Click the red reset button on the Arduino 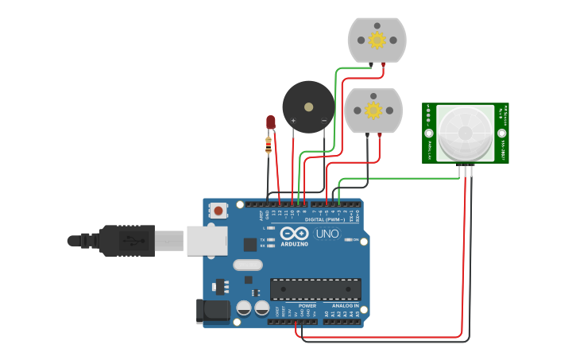click(218, 211)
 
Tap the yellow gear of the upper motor click(377, 40)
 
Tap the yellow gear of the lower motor click(373, 110)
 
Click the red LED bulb click(270, 122)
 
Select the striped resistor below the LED click(269, 145)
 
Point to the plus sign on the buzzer click(294, 121)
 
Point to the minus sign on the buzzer click(323, 121)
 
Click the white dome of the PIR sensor click(465, 132)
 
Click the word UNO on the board click(327, 234)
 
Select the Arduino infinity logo click(294, 234)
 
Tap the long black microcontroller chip click(315, 289)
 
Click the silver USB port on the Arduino click(207, 240)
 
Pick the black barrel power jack click(212, 311)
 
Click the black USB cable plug click(126, 240)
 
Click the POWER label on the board click(307, 306)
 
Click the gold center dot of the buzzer click(308, 106)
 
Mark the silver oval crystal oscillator click(248, 265)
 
